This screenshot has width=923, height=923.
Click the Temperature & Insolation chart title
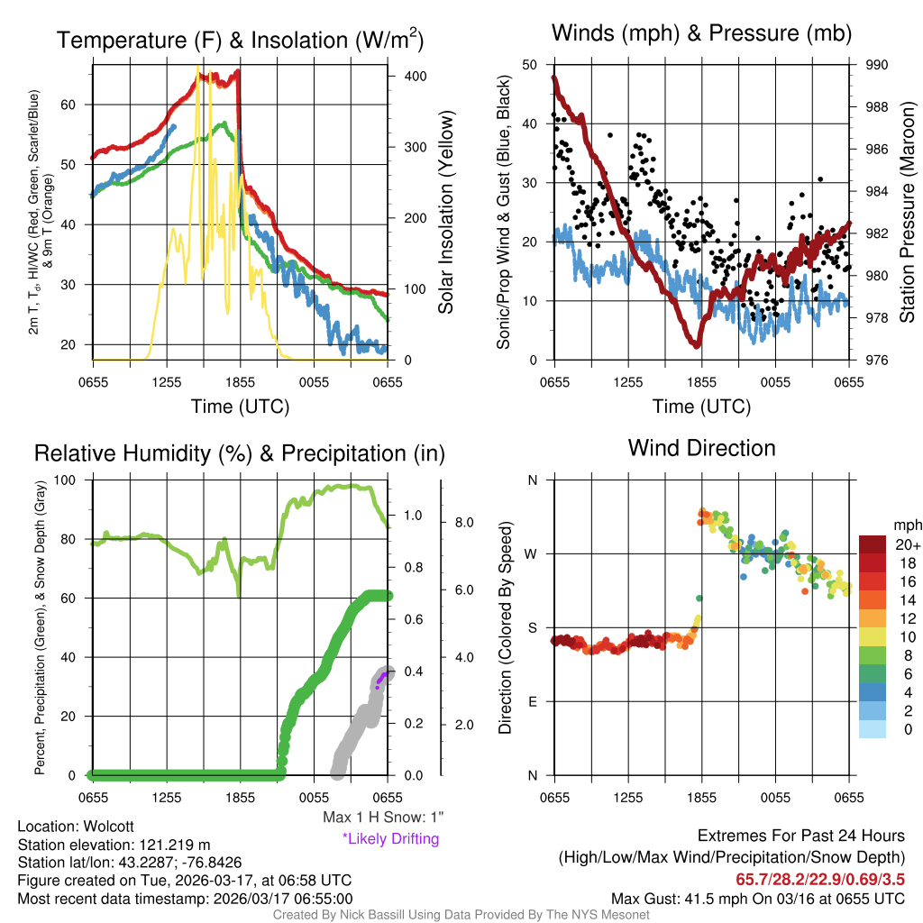coord(240,40)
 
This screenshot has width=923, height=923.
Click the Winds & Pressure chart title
coord(701,33)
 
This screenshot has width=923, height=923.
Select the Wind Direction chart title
coord(701,448)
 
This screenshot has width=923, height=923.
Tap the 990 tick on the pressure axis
coord(876,65)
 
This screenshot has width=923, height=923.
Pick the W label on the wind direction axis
coord(532,553)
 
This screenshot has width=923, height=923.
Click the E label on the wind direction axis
coord(533,701)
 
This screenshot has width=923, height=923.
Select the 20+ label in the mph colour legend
coord(906,545)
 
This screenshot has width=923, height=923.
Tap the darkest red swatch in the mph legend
coord(873,544)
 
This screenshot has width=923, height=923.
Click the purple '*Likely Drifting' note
coord(390,838)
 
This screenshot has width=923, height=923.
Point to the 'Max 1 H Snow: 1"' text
coord(383,818)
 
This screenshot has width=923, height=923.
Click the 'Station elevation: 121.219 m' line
coord(114,845)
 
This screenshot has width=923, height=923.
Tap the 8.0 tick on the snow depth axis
coord(463,523)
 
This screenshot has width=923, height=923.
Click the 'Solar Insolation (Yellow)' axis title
coord(446,213)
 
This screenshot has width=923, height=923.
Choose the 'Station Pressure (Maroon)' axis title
coord(908,213)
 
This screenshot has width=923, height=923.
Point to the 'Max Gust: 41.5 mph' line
coord(758,898)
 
